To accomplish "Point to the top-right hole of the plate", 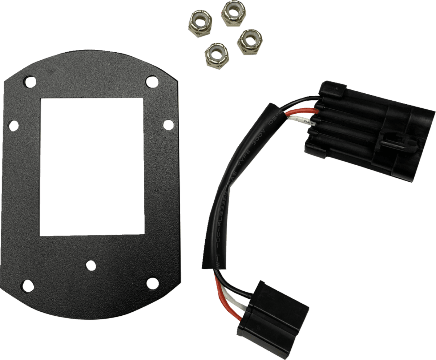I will [150, 81].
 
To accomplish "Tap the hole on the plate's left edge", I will [13, 125].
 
